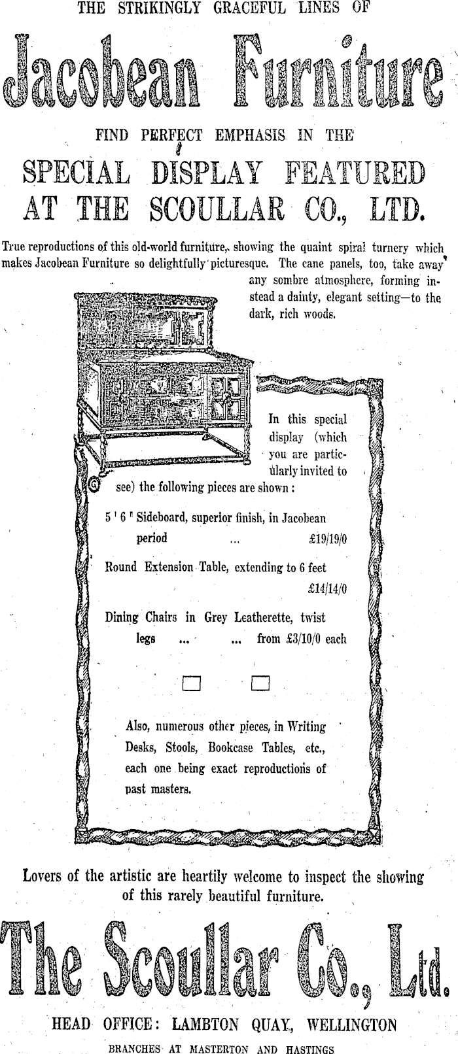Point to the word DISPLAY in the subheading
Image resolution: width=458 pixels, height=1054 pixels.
(x=207, y=174)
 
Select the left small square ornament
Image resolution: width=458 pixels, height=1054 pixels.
(x=191, y=683)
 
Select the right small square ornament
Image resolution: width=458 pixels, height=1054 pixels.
(x=260, y=683)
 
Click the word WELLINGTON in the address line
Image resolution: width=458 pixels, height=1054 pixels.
(x=358, y=1025)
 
